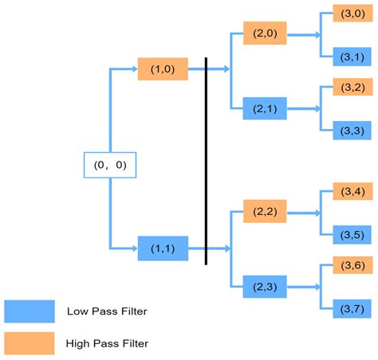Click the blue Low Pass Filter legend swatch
(x=29, y=311)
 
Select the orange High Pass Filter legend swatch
(x=29, y=343)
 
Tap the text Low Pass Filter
(x=106, y=311)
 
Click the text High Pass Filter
(x=107, y=343)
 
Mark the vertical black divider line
(x=207, y=160)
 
